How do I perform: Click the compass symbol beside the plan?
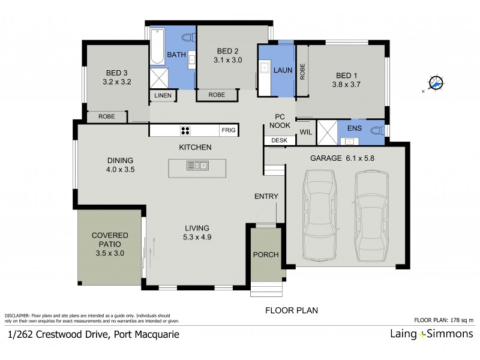tap(436, 83)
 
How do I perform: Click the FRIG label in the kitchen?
tap(229, 130)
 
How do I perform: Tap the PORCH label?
tap(265, 254)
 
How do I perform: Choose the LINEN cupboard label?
tap(163, 96)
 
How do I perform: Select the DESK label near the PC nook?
tap(280, 140)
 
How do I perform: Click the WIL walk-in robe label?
tap(305, 131)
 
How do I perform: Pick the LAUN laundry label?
tap(282, 70)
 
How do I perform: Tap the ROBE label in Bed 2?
tap(217, 95)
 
